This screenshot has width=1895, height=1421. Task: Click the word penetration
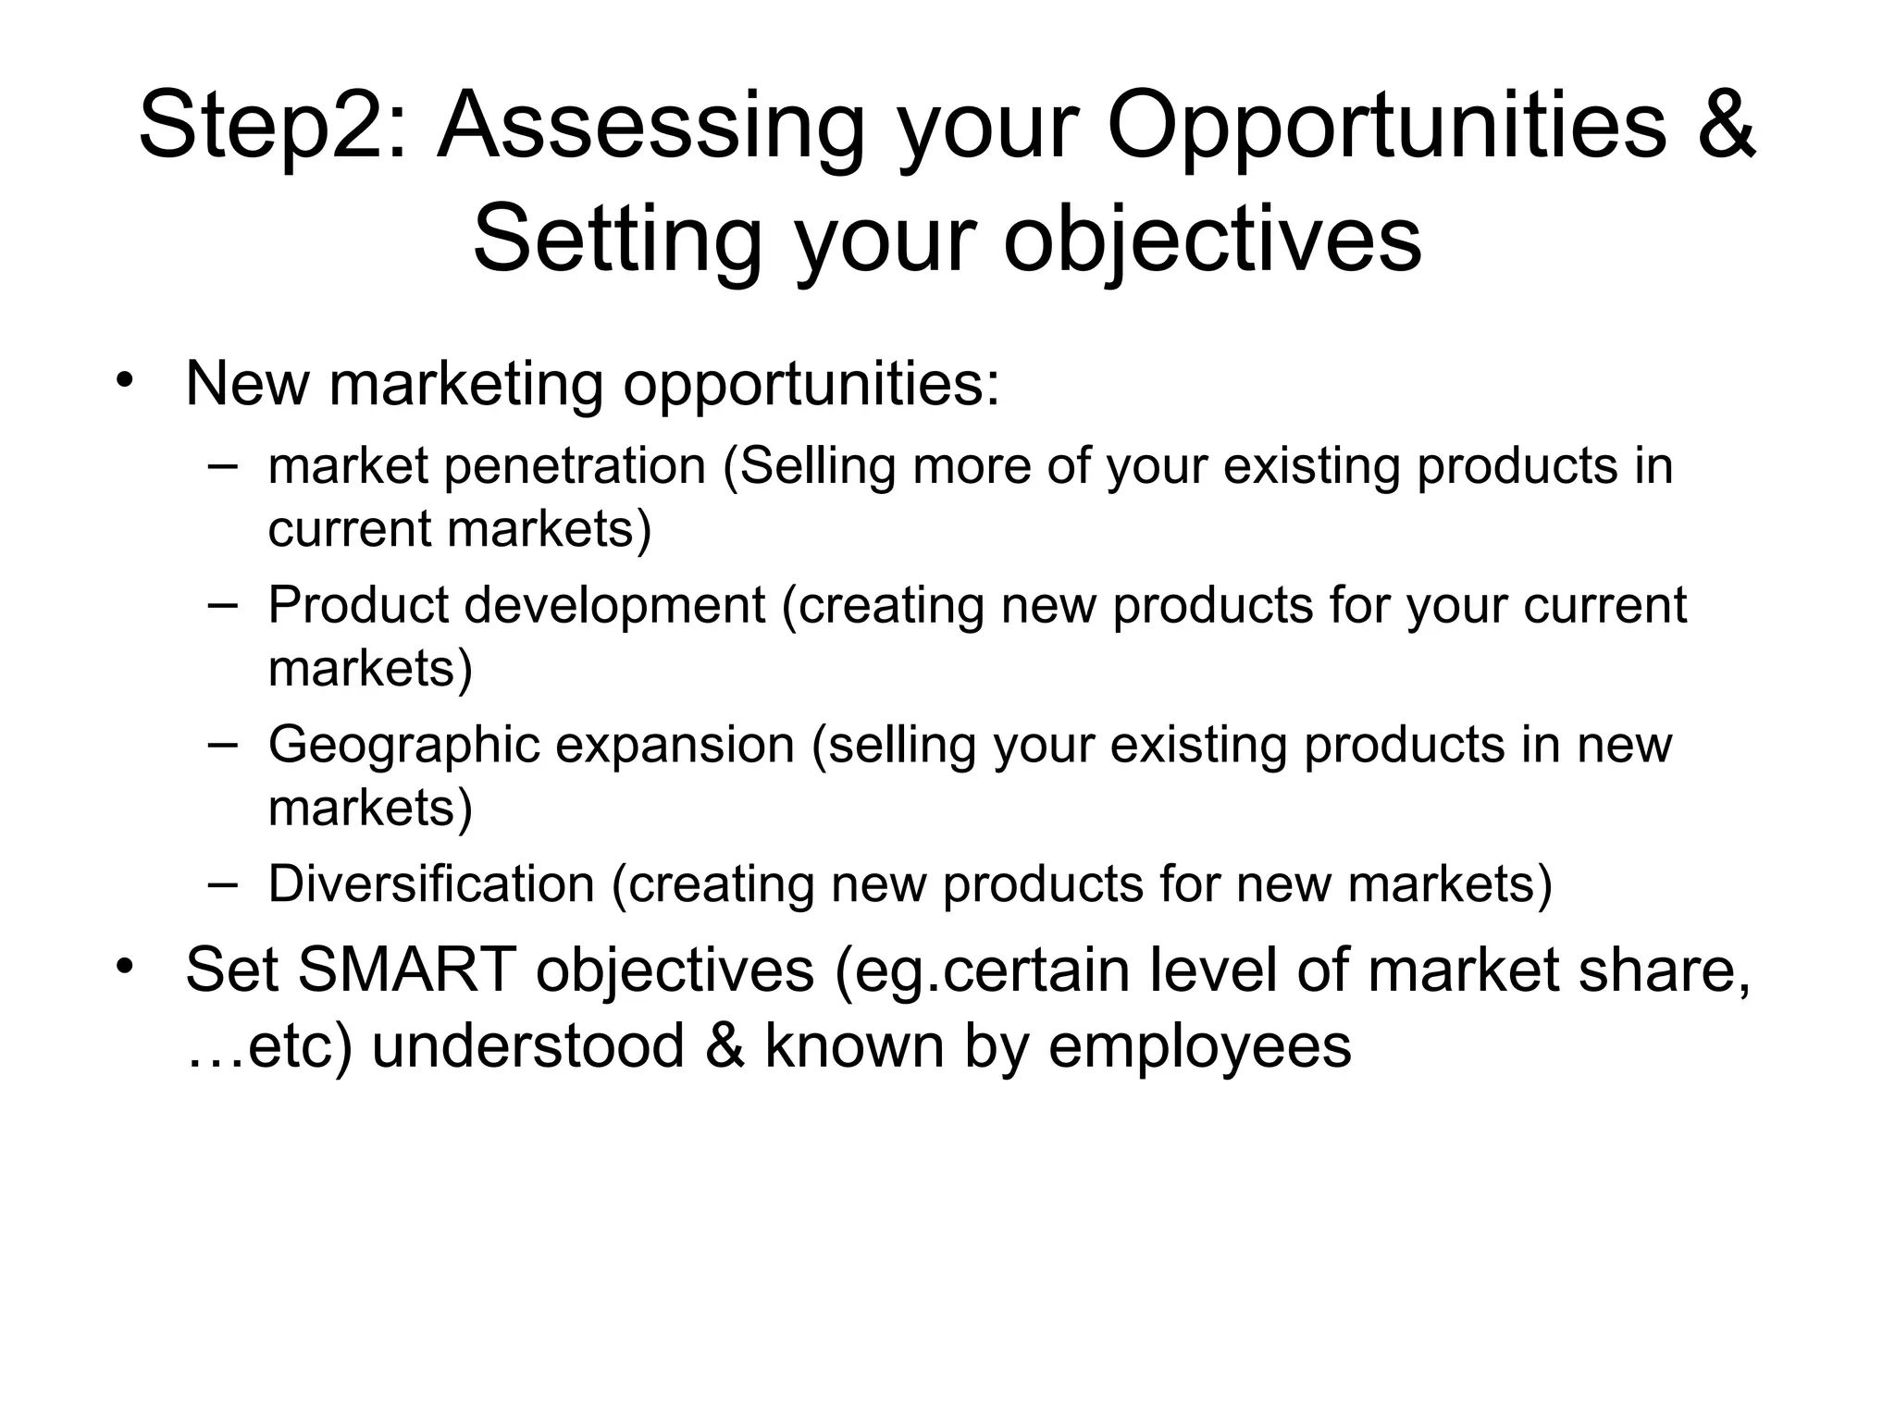(x=575, y=465)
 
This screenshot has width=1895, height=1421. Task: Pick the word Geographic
(x=403, y=745)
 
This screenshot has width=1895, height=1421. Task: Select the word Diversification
(x=431, y=883)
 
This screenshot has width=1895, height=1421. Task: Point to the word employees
(x=1200, y=1046)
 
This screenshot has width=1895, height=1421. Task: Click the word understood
(x=528, y=1045)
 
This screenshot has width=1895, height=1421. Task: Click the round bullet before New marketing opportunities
(x=126, y=381)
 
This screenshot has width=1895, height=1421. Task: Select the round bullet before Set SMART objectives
(x=126, y=968)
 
